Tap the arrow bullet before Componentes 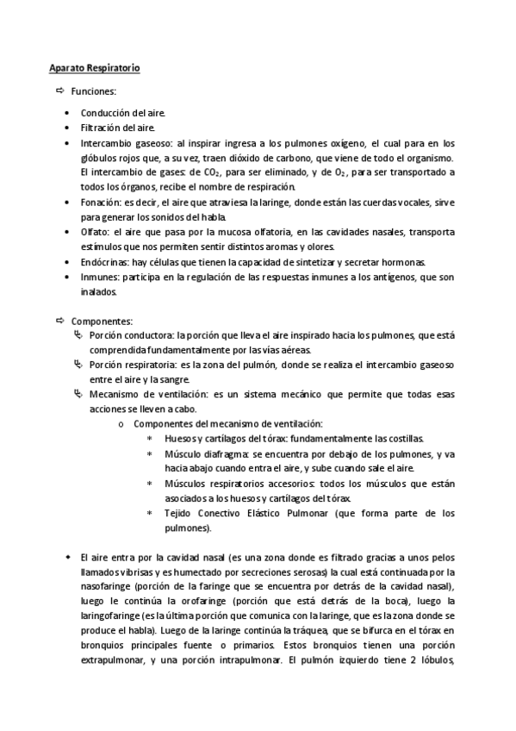[x=59, y=319]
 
